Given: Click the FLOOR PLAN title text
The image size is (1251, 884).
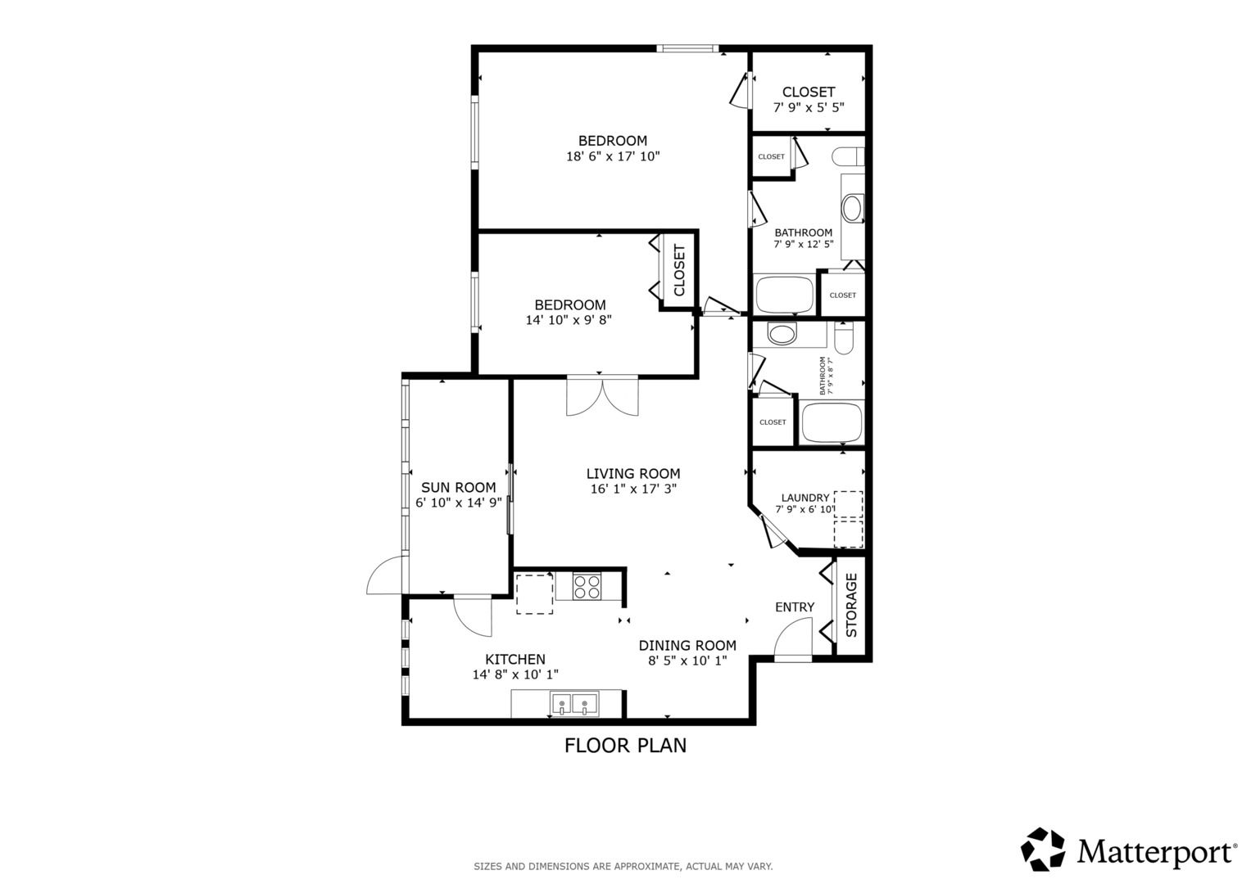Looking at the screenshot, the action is tap(625, 746).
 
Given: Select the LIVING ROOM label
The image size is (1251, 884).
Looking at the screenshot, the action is tap(633, 474).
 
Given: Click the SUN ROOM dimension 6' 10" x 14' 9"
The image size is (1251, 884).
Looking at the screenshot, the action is tap(459, 503).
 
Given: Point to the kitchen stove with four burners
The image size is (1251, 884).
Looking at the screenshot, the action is tap(587, 587).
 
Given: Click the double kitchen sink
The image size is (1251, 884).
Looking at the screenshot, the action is tap(574, 704).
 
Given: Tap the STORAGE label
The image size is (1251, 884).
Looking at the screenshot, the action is tap(851, 605).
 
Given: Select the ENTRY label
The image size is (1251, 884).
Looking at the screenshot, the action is tap(795, 607).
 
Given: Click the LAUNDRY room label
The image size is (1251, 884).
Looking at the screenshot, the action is tap(805, 498).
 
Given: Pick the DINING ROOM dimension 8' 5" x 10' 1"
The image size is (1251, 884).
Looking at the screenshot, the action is tap(687, 661).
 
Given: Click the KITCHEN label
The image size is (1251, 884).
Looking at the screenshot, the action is tap(515, 659).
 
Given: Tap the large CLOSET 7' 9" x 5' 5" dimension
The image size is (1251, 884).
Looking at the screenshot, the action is tap(809, 108).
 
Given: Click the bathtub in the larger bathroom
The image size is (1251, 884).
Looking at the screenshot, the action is tap(785, 294).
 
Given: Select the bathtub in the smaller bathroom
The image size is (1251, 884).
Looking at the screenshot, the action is tap(832, 422).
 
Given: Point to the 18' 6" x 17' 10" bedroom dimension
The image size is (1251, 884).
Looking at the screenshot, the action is tap(614, 156).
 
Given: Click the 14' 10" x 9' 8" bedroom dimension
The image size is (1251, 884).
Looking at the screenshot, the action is tap(569, 320).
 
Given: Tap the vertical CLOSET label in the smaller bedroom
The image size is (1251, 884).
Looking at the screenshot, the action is tap(679, 270).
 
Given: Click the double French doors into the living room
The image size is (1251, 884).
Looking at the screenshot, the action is tap(602, 396).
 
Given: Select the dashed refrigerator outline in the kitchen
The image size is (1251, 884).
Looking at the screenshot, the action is tap(534, 593).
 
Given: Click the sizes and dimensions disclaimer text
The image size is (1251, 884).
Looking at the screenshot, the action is tap(623, 867).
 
